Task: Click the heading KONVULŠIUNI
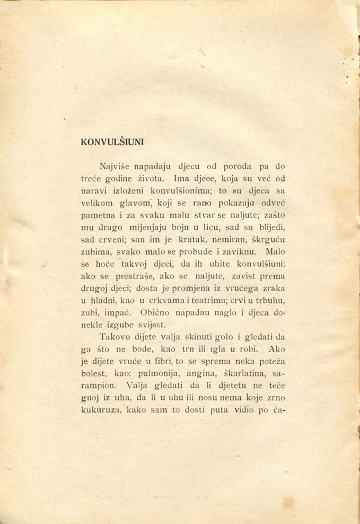pos(112,142)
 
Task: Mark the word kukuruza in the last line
pos(102,410)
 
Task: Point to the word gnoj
pos(91,397)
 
